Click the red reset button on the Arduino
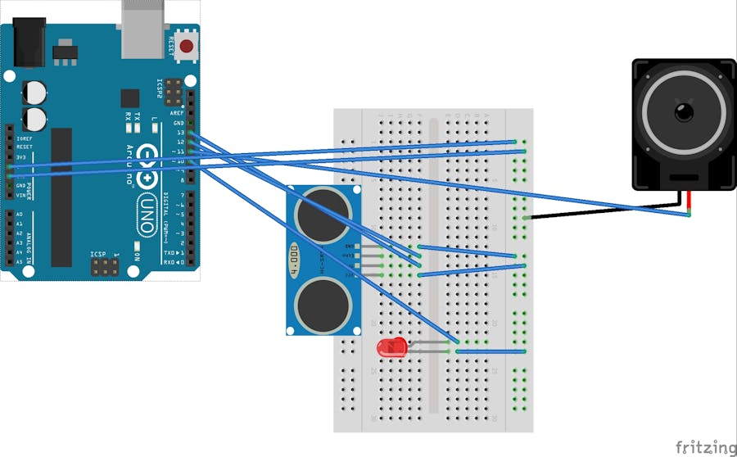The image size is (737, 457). (187, 46)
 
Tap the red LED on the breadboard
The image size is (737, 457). (388, 347)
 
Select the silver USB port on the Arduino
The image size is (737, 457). (145, 29)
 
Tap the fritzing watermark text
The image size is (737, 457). (705, 446)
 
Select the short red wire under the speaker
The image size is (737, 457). (690, 202)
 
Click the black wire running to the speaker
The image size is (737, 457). (606, 212)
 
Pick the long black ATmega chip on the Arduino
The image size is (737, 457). (61, 197)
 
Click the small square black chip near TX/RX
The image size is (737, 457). (129, 98)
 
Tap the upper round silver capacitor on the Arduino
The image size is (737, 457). (34, 91)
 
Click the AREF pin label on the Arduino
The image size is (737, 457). (178, 113)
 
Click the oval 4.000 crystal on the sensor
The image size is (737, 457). (293, 255)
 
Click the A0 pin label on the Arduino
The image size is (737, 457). (20, 215)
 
